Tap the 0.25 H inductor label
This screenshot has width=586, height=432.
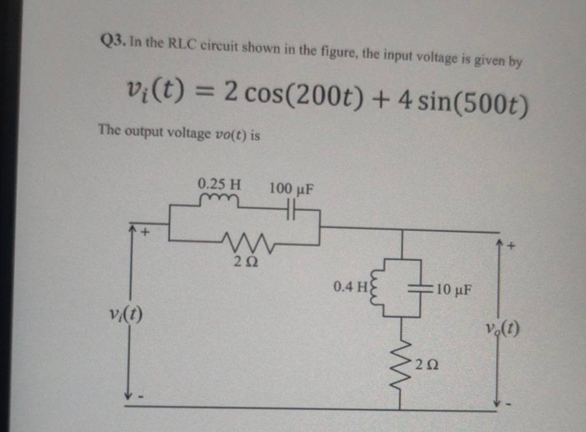coord(219,184)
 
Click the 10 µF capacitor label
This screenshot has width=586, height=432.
coord(454,289)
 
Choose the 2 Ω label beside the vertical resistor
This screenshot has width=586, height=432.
coord(428,364)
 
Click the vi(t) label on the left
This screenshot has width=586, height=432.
coord(126,314)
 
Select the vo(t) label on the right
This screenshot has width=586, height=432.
coord(502,328)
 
